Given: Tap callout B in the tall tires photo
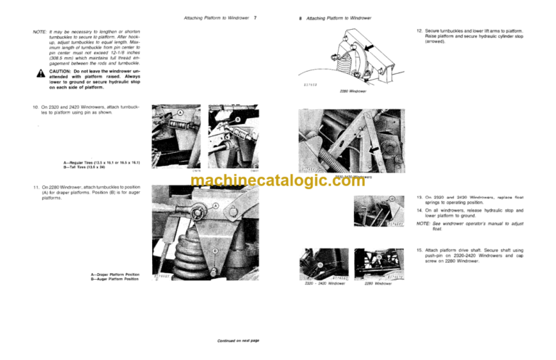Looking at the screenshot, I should coord(237,120).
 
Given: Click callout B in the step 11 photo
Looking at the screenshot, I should coord(216,251).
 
